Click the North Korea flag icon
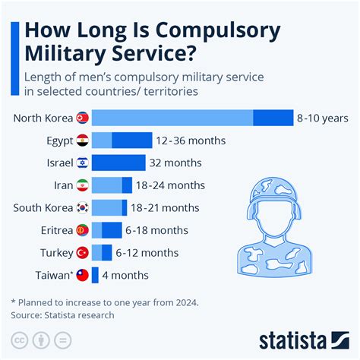coord(83,118)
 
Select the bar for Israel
coord(118,163)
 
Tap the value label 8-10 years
coord(323,118)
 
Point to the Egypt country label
coord(59,141)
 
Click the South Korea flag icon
coord(83,207)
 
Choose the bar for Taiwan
coord(95,275)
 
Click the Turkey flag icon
coord(83,252)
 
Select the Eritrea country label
coord(57,230)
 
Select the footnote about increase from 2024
coord(105,302)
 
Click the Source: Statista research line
coord(62,315)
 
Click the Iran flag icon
coord(83,185)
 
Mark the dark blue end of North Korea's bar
coord(273,118)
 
